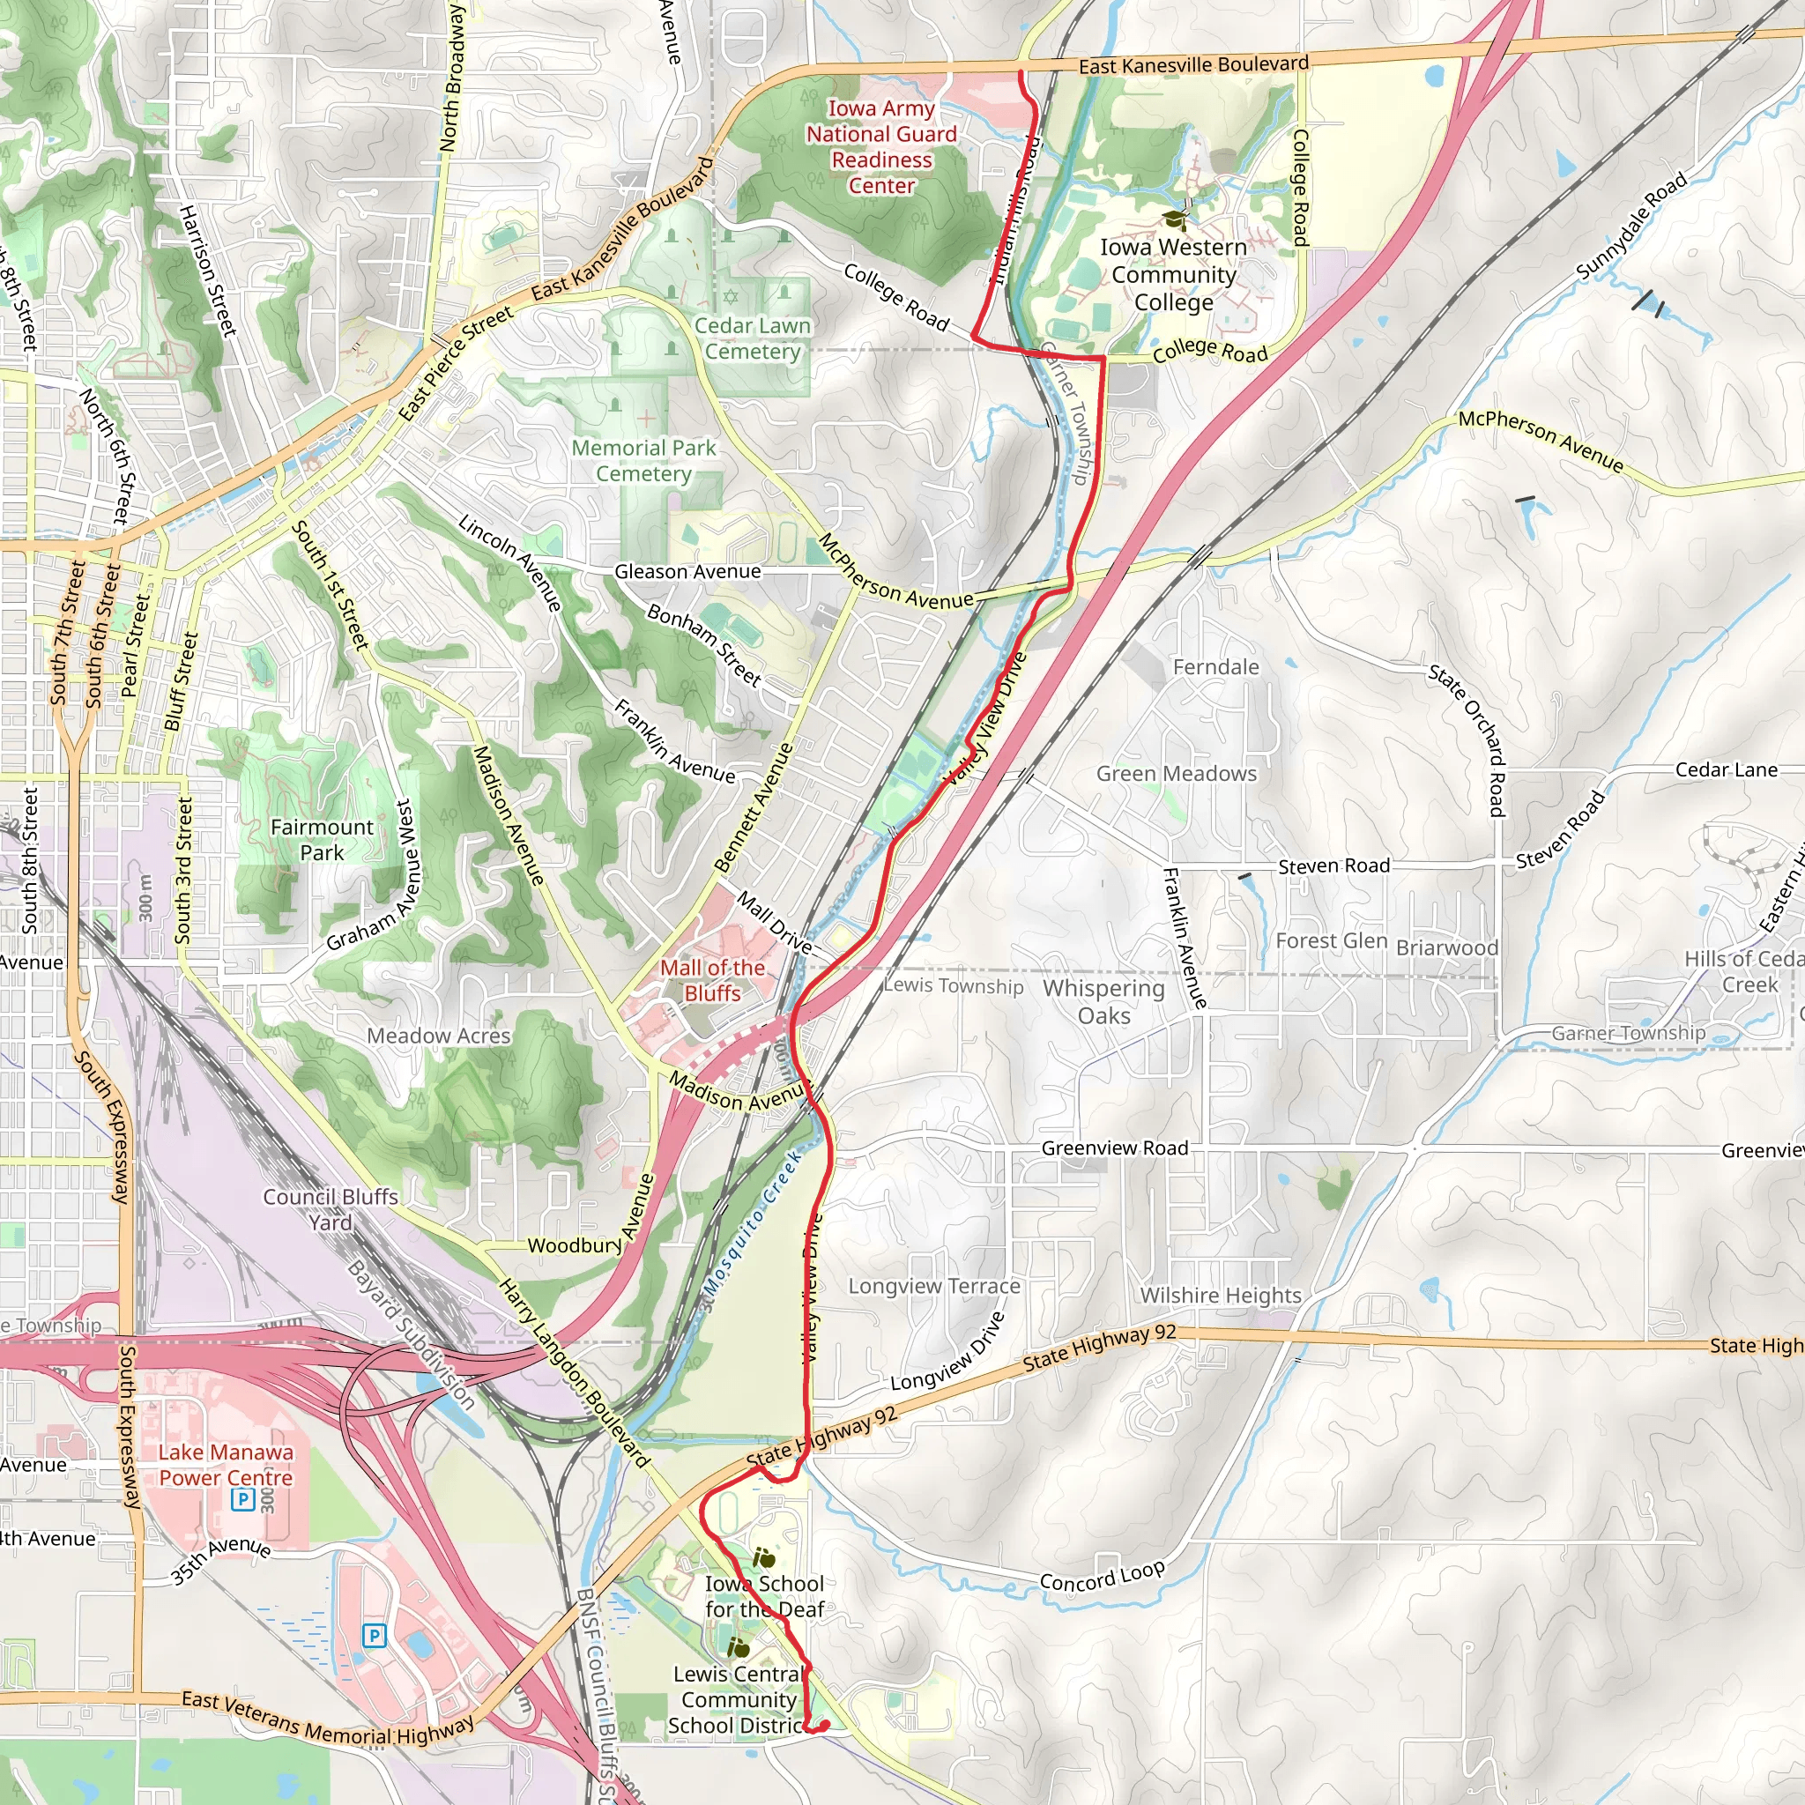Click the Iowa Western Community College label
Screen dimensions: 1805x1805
pos(1173,275)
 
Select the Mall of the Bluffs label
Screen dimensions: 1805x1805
pos(712,980)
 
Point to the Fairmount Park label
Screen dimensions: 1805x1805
pos(322,839)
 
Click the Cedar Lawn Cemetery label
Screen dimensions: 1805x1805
pos(753,338)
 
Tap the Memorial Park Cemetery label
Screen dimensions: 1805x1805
pos(643,461)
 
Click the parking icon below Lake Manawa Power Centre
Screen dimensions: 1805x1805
pos(242,1499)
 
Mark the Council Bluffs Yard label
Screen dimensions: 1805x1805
pos(330,1209)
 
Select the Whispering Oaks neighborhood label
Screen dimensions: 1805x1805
pos(1103,1001)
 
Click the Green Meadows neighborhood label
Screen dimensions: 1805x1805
pos(1177,774)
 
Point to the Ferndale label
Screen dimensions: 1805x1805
pos(1215,667)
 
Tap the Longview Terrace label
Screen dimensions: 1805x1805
pos(933,1286)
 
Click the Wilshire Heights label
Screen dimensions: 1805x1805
pos(1220,1295)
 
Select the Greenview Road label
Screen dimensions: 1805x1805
pos(1115,1148)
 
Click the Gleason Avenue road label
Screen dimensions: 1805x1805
pos(687,572)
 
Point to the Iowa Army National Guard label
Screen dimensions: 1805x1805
pos(881,146)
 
